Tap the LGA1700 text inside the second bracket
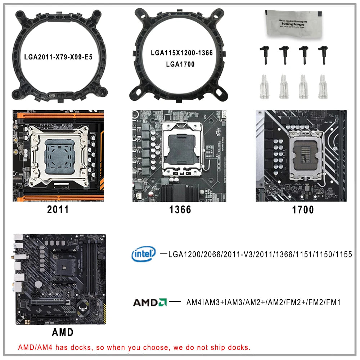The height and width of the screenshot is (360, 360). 180,64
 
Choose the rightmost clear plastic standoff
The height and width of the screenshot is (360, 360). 322,87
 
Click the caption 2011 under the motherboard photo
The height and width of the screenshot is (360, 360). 58,210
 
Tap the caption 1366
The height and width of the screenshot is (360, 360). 180,210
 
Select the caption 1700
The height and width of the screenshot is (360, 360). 303,210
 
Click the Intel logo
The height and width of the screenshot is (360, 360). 143,254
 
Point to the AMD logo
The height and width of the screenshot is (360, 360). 150,302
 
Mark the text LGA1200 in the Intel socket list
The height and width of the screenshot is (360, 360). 184,255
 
